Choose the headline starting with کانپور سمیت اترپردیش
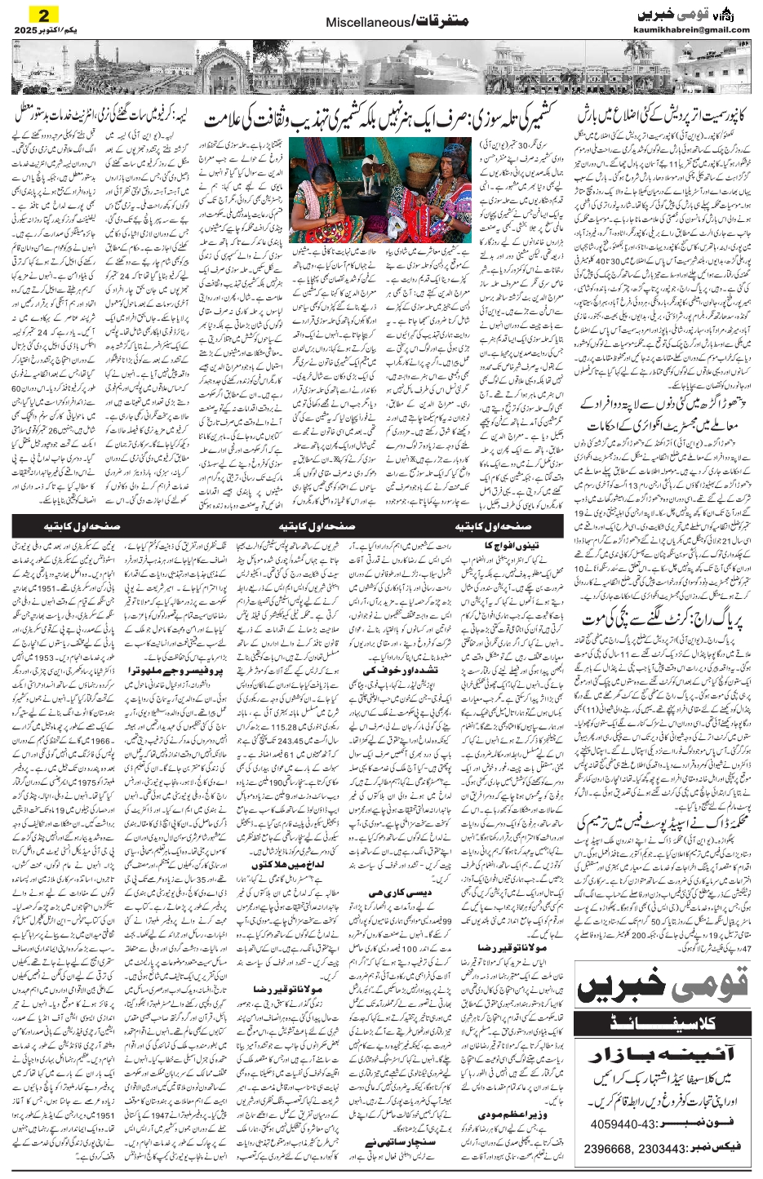pos(663,113)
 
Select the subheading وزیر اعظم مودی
pos(489,1114)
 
